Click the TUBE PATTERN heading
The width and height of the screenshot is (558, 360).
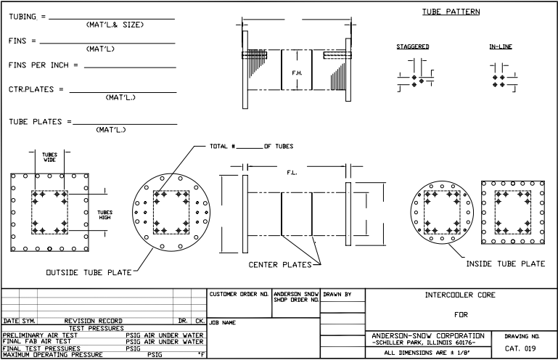451,12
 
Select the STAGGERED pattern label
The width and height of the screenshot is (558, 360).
413,46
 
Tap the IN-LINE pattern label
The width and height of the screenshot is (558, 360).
501,46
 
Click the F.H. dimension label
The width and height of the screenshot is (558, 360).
298,73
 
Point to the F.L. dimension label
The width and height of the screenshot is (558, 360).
292,173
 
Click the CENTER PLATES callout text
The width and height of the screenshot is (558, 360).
280,265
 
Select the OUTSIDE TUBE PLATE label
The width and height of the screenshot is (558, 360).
89,273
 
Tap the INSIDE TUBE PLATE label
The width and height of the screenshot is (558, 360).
506,264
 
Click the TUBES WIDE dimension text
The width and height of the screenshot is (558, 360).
49,157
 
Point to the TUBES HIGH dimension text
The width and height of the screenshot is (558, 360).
104,215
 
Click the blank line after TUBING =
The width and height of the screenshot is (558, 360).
112,19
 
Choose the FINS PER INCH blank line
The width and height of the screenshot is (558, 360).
130,67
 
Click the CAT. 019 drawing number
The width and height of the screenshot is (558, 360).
520,348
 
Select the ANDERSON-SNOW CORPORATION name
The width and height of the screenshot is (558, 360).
428,336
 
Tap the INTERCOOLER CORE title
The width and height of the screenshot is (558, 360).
460,295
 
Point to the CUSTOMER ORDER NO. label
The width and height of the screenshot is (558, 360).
239,294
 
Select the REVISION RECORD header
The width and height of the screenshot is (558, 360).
93,321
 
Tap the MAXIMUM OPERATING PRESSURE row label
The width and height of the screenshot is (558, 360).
53,355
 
